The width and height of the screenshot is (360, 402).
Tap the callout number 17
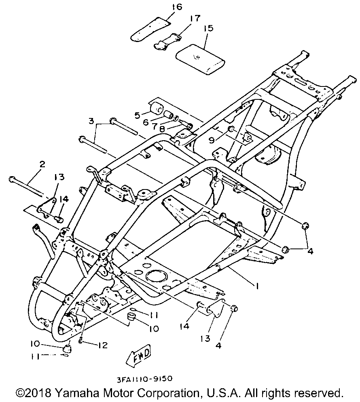[x=195, y=18]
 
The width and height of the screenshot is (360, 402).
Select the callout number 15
[x=209, y=29]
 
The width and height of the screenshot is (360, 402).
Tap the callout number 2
[x=42, y=164]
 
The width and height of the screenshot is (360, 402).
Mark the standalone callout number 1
[x=256, y=285]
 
